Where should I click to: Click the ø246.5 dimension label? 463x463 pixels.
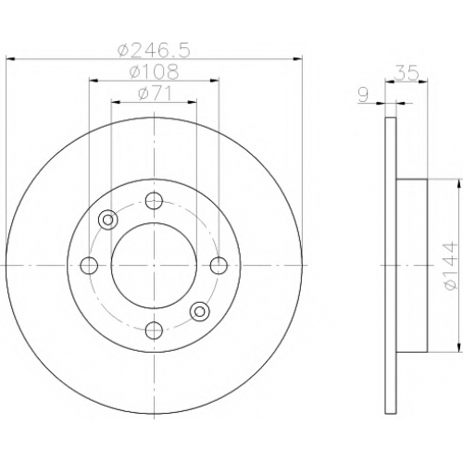pyautogui.click(x=154, y=50)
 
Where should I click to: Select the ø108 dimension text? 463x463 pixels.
pyautogui.click(x=154, y=71)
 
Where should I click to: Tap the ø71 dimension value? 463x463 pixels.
pyautogui.click(x=155, y=93)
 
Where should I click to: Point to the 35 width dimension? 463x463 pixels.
pyautogui.click(x=406, y=73)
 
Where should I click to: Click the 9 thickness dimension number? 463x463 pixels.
pyautogui.click(x=364, y=95)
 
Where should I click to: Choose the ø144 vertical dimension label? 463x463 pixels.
pyautogui.click(x=450, y=265)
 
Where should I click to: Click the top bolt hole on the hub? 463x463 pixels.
pyautogui.click(x=154, y=201)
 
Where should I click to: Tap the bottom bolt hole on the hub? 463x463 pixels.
pyautogui.click(x=154, y=330)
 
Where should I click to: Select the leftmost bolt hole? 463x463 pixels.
pyautogui.click(x=89, y=265)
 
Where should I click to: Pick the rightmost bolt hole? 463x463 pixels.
pyautogui.click(x=219, y=265)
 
